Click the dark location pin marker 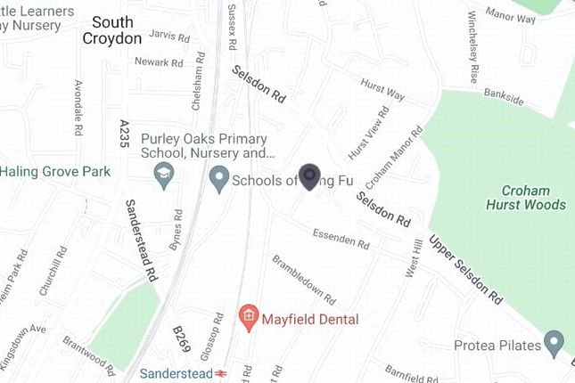(x=309, y=176)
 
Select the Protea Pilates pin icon (x=554, y=342)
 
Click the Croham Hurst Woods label (x=533, y=198)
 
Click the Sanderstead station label (x=176, y=374)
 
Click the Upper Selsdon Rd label (x=467, y=266)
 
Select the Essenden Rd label (x=341, y=238)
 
